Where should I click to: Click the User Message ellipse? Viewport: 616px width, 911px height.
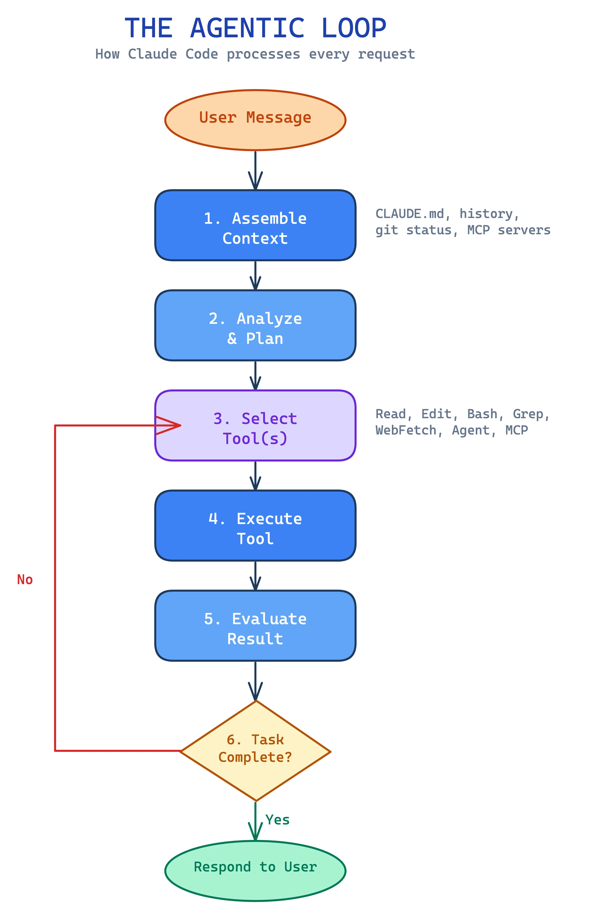[255, 120]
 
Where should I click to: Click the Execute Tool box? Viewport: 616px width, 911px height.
[255, 525]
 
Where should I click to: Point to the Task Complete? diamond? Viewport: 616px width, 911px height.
[255, 751]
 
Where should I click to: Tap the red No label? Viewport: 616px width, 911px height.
[25, 579]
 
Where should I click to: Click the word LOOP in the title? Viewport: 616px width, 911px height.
[353, 28]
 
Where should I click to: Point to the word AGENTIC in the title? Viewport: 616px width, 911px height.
[247, 28]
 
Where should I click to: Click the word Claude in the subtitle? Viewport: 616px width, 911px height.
[152, 54]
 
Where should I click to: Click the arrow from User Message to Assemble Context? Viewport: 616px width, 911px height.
[255, 170]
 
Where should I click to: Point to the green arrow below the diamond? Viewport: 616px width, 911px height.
[255, 821]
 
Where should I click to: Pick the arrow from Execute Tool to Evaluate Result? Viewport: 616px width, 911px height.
[255, 575]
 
